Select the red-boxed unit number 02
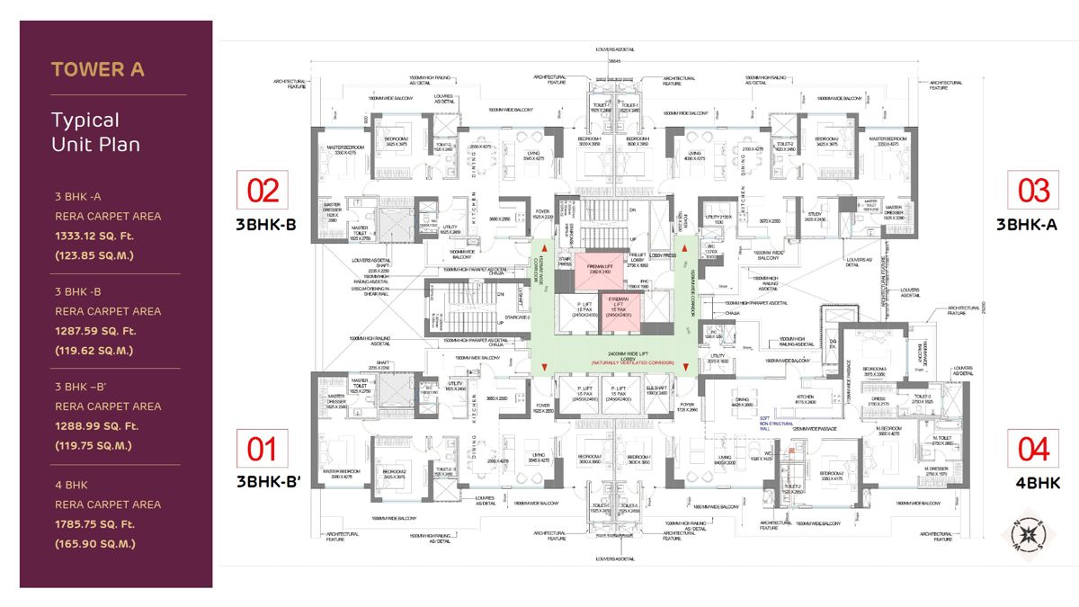coord(263,190)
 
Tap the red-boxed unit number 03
coord(1033,190)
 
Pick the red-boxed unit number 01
coord(263,448)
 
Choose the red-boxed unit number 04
coord(1033,448)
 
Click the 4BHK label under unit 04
coord(1038,483)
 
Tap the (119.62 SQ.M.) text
coord(94,351)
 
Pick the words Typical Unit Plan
coord(85,131)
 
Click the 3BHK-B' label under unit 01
coord(268,483)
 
